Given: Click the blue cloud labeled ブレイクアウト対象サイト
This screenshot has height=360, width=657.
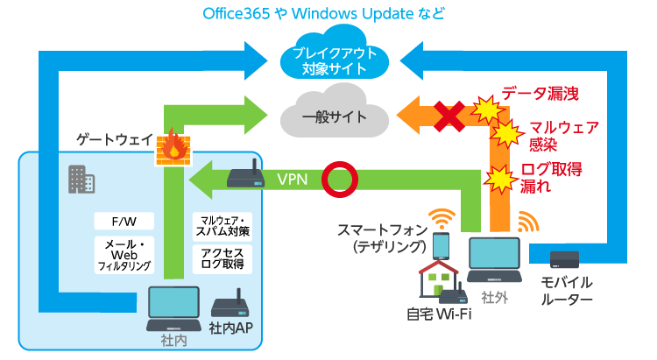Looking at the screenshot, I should (331, 59).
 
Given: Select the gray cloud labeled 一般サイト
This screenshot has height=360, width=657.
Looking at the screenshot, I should (329, 116).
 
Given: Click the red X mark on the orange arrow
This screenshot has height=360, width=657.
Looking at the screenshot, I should (450, 115).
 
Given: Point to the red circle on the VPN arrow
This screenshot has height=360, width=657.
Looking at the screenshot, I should (339, 179).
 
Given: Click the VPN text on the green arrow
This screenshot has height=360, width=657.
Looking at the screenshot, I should (292, 180).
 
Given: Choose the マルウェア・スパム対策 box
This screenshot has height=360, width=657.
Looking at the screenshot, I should (223, 225).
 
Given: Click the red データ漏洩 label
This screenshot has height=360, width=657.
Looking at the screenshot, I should (540, 91).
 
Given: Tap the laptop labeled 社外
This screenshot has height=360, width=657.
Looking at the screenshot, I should (495, 259).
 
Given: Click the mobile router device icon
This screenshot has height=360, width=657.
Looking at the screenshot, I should (564, 260).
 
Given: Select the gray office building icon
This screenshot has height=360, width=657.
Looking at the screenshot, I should (81, 180).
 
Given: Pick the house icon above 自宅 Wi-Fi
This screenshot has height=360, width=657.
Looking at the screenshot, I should (439, 280).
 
